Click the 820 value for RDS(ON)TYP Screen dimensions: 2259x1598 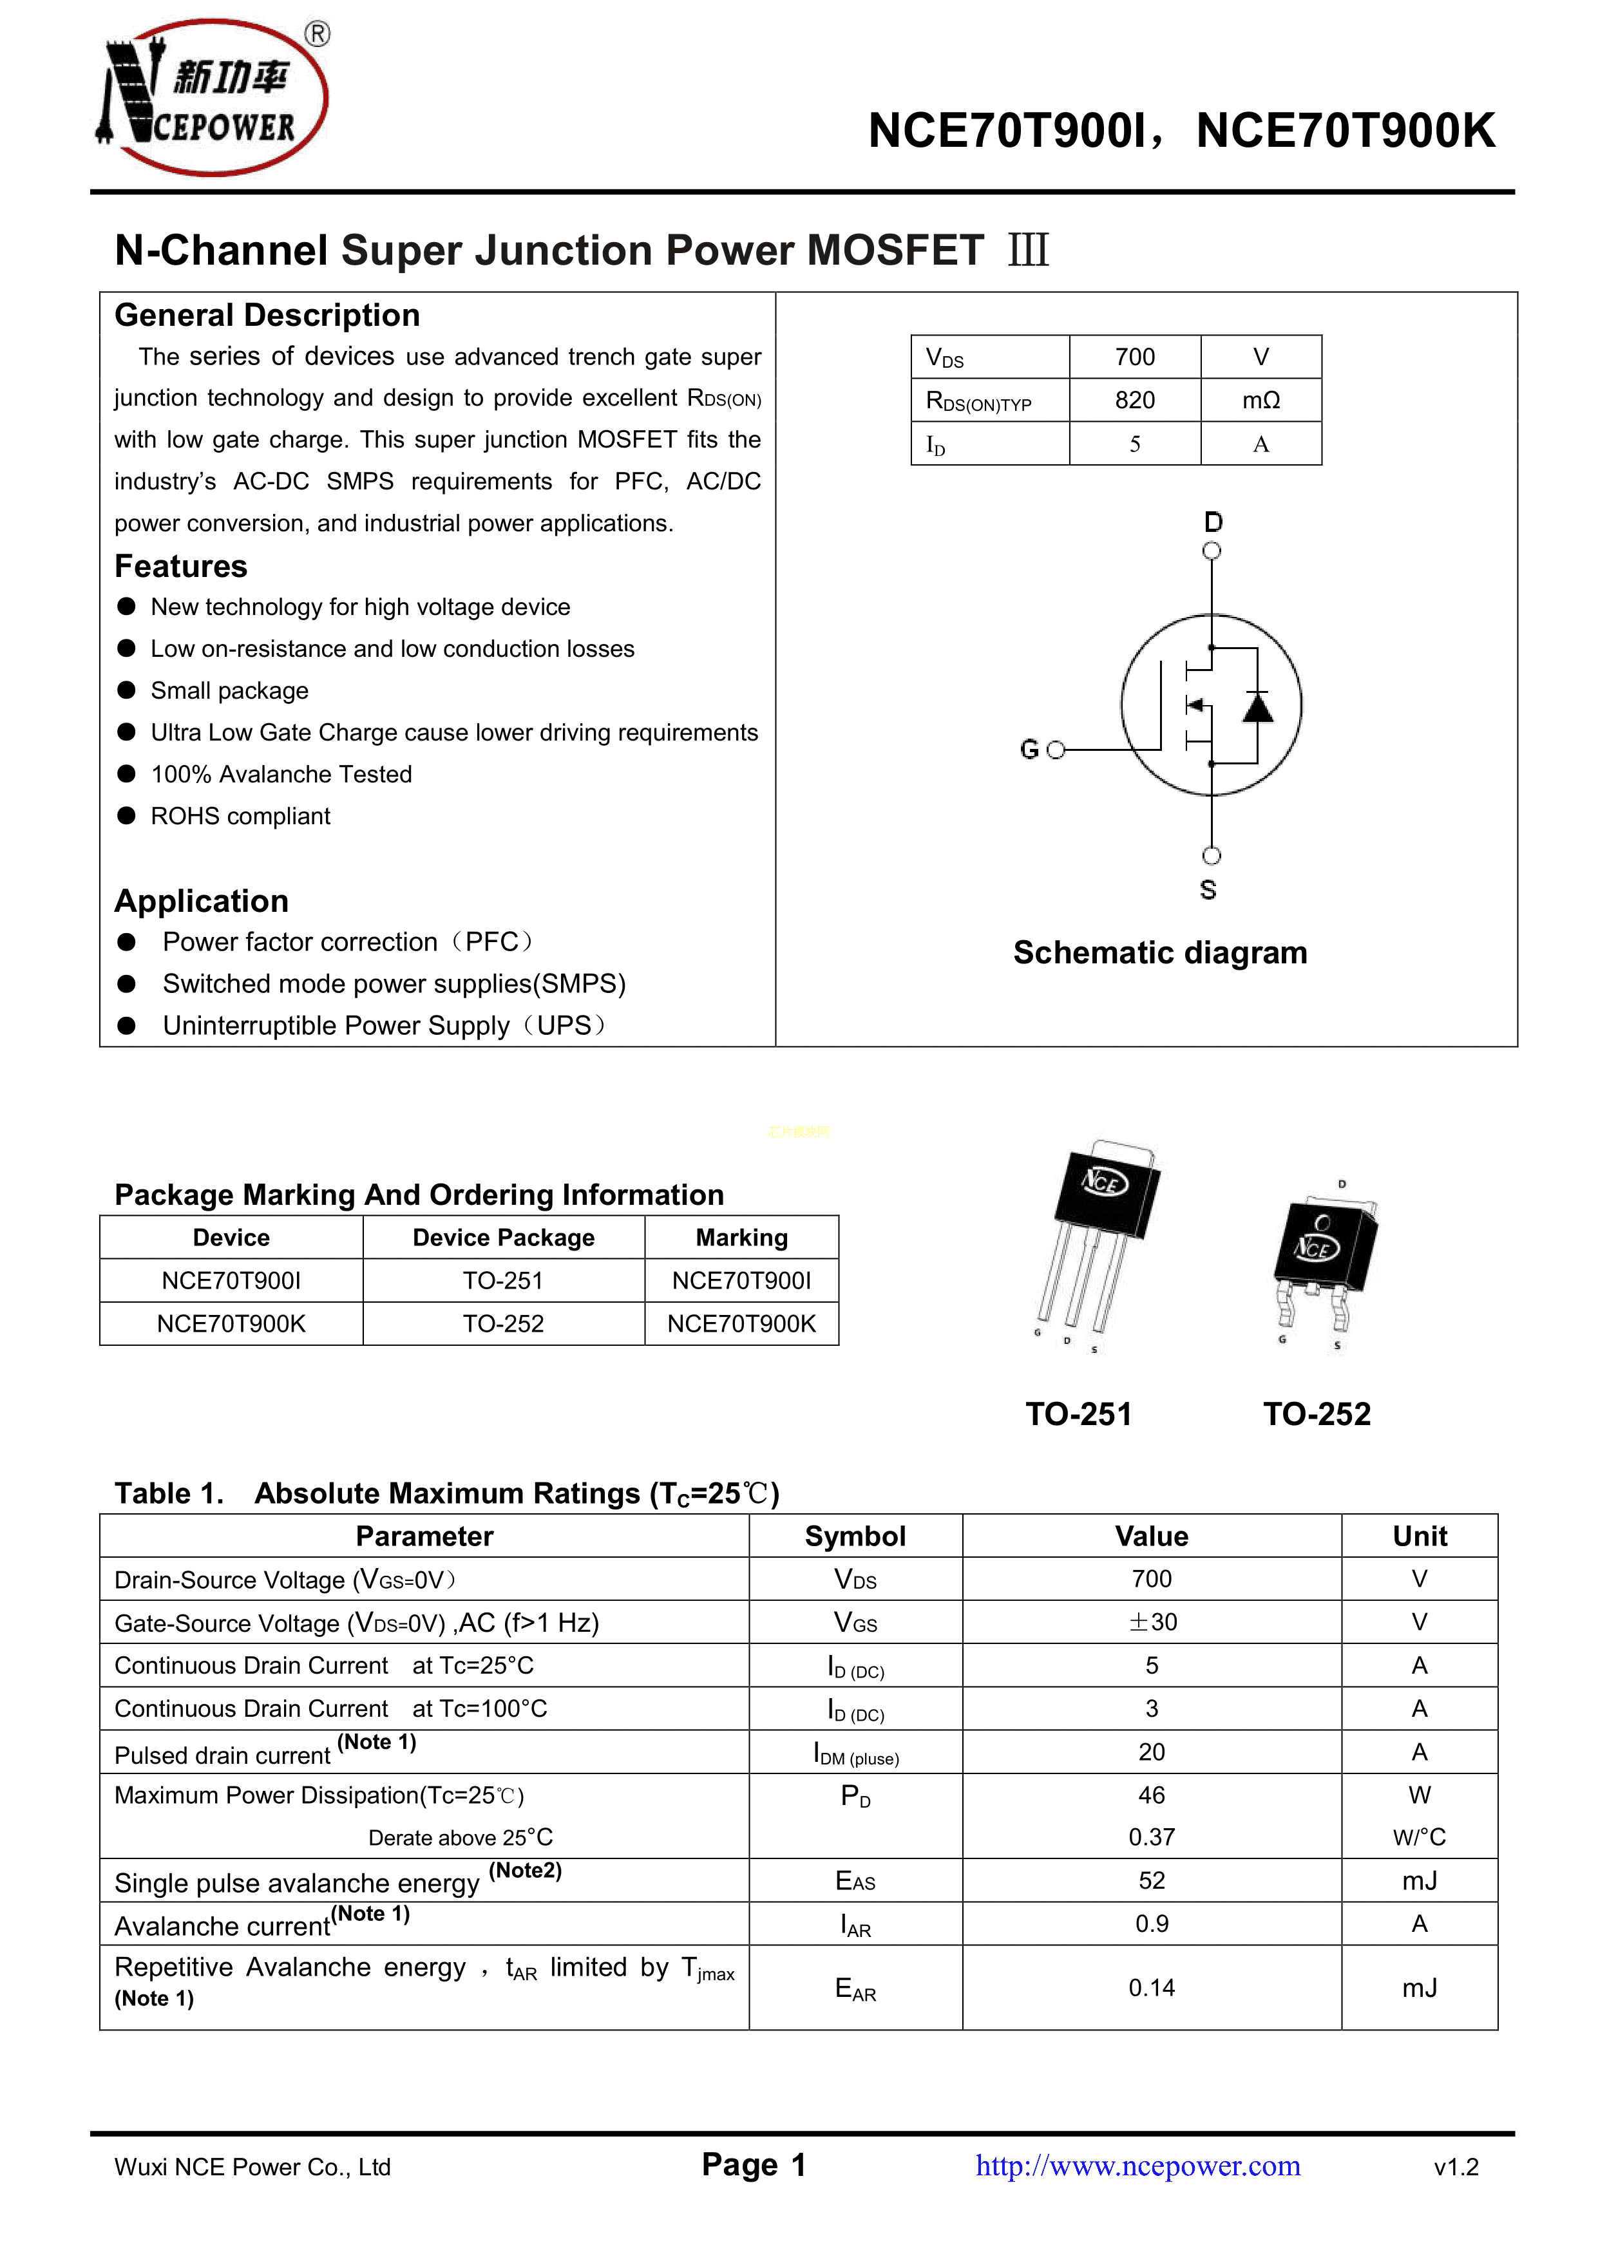(x=1134, y=401)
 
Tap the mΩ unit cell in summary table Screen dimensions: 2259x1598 (x=1260, y=401)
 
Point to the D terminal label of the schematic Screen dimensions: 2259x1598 (x=1213, y=522)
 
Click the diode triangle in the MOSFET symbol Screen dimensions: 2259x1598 (x=1257, y=708)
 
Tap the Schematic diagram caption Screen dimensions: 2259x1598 (x=1160, y=952)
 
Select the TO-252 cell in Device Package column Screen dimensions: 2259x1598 (x=503, y=1323)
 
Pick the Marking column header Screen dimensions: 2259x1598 (x=742, y=1238)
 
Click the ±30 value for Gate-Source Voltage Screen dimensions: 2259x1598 (x=1152, y=1622)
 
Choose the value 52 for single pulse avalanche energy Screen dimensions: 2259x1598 (x=1152, y=1880)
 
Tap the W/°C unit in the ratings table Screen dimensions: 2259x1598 (x=1419, y=1837)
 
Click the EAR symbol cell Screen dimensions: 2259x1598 (x=855, y=1989)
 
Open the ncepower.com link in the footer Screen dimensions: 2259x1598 (x=1137, y=2166)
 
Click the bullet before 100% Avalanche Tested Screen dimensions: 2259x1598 (x=127, y=773)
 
